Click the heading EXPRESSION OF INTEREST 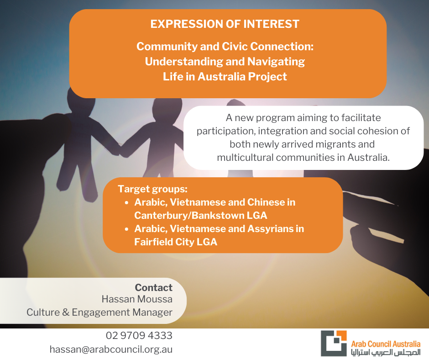click(x=225, y=24)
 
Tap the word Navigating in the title click(x=276, y=62)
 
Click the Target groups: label click(x=153, y=189)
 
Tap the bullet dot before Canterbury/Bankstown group click(x=126, y=203)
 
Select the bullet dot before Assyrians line click(x=126, y=229)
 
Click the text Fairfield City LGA click(x=176, y=242)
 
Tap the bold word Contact click(x=153, y=287)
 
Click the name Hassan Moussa click(x=137, y=299)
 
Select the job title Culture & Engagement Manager click(x=99, y=312)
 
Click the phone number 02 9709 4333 click(x=139, y=336)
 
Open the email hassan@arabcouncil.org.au click(x=111, y=349)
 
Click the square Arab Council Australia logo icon click(x=334, y=344)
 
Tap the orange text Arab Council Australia click(x=386, y=344)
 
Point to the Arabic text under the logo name click(x=386, y=352)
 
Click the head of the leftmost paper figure click(x=81, y=101)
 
